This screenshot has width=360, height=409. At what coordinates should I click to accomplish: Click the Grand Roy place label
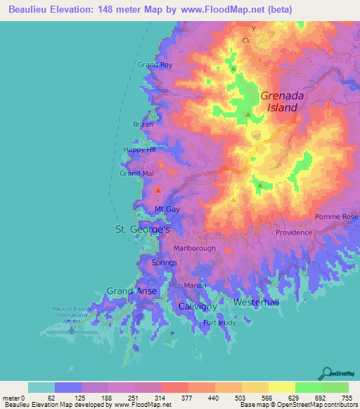(x=155, y=65)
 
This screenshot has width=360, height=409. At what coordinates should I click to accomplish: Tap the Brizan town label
(x=143, y=124)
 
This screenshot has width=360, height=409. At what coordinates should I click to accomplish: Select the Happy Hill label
(x=139, y=150)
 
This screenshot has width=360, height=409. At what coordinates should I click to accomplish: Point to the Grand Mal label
(x=136, y=173)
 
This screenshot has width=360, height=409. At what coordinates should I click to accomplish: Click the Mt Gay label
(x=168, y=209)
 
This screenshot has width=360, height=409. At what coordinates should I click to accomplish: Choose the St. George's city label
(x=143, y=230)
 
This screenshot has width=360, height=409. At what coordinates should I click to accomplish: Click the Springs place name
(x=164, y=262)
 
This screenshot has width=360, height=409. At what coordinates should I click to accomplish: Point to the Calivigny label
(x=197, y=307)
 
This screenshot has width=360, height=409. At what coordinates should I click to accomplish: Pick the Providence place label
(x=293, y=233)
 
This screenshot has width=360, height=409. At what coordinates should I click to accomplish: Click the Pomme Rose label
(x=337, y=217)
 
